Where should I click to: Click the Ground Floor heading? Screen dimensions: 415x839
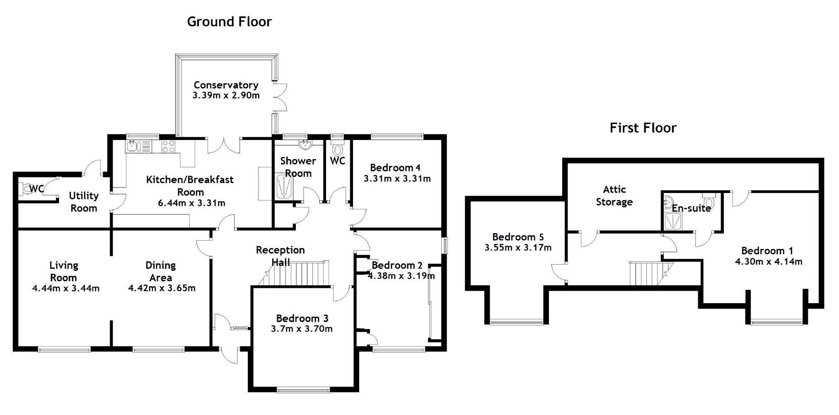pos(229,22)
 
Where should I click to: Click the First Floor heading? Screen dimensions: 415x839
pos(643,128)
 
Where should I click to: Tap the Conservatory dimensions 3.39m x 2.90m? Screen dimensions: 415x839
pos(226,96)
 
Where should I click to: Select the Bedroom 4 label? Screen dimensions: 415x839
pos(395,168)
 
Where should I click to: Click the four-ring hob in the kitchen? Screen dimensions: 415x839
pos(168,146)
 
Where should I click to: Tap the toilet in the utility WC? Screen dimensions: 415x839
pos(27,189)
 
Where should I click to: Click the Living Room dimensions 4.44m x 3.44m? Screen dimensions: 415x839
pos(66,288)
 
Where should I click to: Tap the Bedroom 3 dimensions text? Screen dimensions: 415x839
pos(302,329)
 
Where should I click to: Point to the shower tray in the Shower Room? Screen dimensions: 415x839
pos(284,187)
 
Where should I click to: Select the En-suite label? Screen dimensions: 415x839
pos(691,208)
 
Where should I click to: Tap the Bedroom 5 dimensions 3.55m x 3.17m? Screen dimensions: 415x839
pos(517,248)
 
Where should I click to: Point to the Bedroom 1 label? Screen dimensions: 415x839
pos(767,251)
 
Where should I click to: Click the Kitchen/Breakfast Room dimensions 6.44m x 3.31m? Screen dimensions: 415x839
pos(191,203)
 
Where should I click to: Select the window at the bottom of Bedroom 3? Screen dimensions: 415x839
pos(303,389)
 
